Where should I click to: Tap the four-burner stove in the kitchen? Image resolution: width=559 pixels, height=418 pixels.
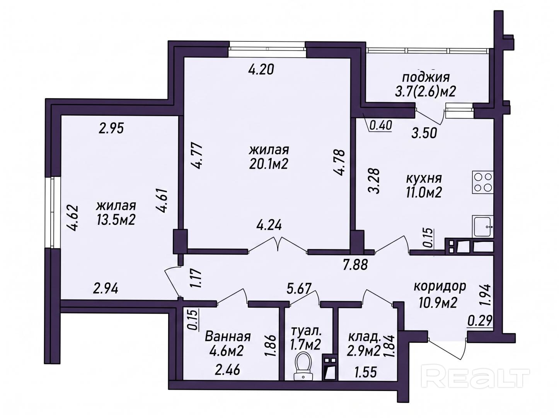tap(482, 182)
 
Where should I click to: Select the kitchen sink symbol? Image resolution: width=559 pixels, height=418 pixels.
tap(482, 226)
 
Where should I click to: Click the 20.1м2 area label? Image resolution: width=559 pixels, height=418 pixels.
tap(268, 164)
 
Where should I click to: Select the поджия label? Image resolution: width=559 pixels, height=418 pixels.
tap(426, 77)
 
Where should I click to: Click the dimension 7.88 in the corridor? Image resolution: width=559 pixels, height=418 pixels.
tap(355, 265)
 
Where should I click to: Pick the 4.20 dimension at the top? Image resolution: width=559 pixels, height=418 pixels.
tap(261, 69)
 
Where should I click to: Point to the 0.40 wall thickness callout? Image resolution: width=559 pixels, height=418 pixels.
tap(381, 126)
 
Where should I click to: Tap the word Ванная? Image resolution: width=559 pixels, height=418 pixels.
tap(228, 337)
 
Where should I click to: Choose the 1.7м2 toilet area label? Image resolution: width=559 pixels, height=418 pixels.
tap(305, 345)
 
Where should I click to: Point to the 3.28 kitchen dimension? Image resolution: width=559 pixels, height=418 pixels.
tap(374, 181)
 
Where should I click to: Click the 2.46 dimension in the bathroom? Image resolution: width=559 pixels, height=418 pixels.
tap(227, 370)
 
